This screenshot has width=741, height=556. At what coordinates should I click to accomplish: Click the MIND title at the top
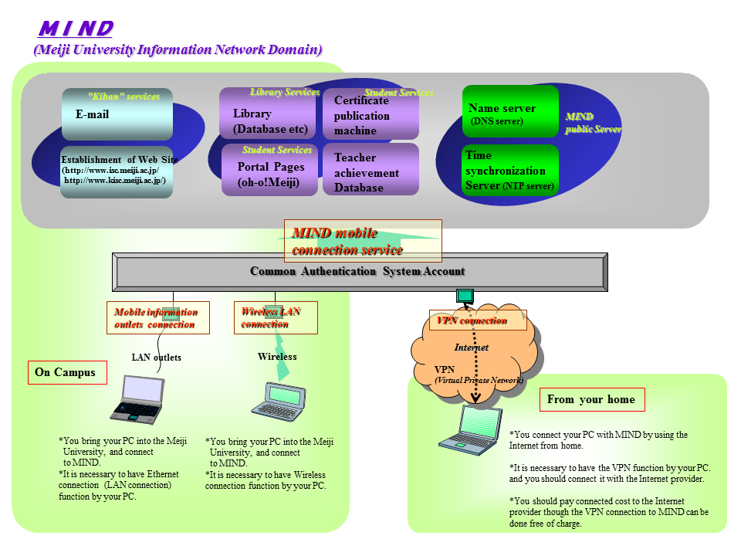(x=76, y=29)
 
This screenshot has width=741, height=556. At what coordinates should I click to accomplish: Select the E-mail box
(x=117, y=114)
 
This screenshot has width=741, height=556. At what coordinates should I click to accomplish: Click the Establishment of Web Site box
(x=117, y=171)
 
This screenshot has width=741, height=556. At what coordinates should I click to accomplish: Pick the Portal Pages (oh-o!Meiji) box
(x=267, y=174)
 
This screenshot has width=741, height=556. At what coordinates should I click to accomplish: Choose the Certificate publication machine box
(x=370, y=116)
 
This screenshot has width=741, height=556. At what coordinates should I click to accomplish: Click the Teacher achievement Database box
(x=370, y=171)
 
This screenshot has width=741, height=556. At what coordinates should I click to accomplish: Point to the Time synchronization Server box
(x=510, y=170)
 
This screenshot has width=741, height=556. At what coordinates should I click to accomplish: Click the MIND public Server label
(x=592, y=123)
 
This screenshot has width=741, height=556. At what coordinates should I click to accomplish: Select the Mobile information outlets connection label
(x=157, y=317)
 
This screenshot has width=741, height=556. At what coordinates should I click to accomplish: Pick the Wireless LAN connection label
(x=275, y=317)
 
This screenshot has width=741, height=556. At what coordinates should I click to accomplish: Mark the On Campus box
(x=66, y=372)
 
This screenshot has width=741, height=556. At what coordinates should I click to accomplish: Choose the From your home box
(x=591, y=399)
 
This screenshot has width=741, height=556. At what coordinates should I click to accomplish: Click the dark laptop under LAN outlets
(x=137, y=399)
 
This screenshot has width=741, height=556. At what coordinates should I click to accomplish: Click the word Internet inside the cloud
(x=471, y=347)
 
